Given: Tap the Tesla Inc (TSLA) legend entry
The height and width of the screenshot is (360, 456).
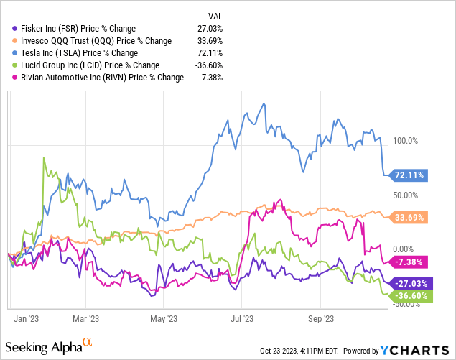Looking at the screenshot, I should tap(68, 53).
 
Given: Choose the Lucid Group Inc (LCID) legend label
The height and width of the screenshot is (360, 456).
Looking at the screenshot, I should tap(75, 66).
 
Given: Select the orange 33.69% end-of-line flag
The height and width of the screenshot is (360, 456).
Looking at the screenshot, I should tap(408, 216).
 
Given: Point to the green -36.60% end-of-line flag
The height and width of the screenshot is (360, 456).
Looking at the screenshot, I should tap(408, 295).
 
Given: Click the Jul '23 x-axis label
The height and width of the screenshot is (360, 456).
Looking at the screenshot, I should tap(243, 317).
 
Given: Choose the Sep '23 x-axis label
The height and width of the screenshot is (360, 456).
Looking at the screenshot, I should tap(320, 317).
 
